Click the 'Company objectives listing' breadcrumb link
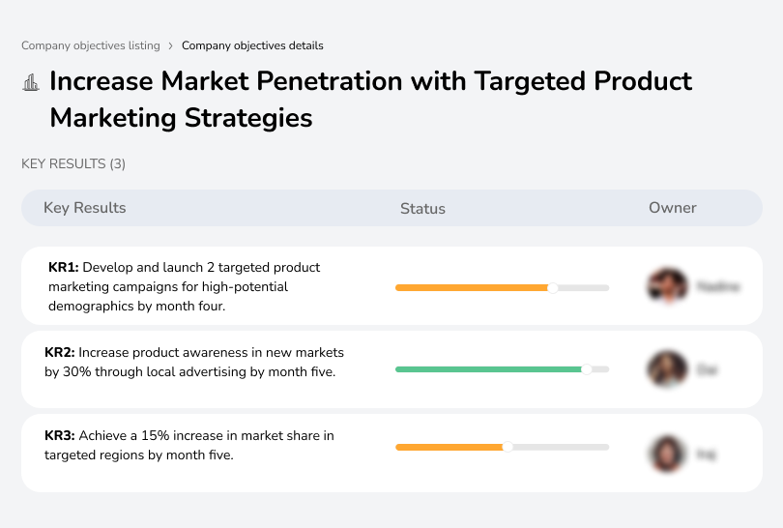click(91, 45)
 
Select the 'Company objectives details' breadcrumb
click(252, 45)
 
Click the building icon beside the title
click(31, 82)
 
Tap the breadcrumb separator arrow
click(170, 45)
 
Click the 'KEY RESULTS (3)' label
click(73, 164)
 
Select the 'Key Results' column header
click(84, 208)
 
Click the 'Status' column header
click(422, 209)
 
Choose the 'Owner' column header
click(672, 208)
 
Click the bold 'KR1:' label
click(63, 267)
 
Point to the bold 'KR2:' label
click(60, 352)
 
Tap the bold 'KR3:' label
click(60, 436)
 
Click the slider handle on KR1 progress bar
click(553, 287)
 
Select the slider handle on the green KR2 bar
click(586, 369)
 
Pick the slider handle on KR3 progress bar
click(507, 447)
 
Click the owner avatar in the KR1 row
click(667, 286)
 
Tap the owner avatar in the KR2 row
click(667, 369)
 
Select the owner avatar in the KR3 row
click(667, 454)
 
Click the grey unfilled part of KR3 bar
click(561, 447)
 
